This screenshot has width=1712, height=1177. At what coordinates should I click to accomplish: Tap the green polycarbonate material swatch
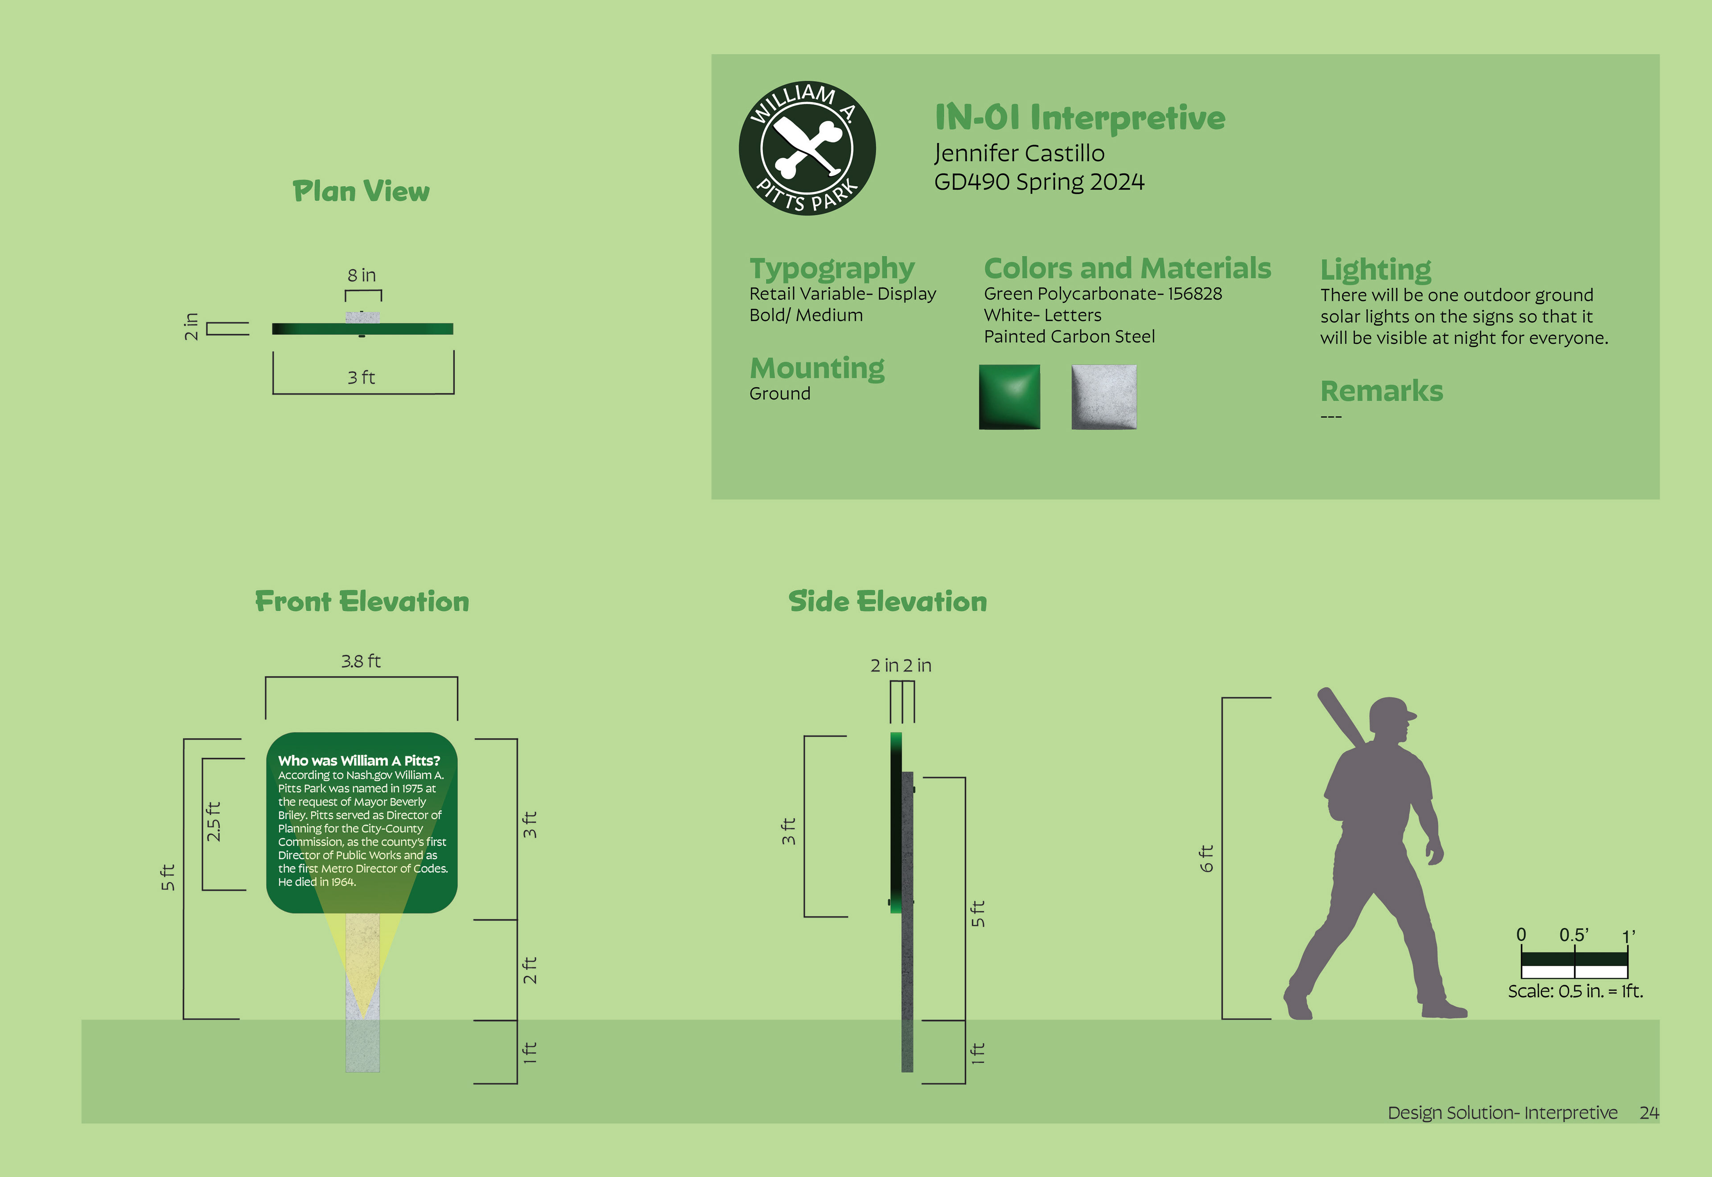[x=1009, y=397]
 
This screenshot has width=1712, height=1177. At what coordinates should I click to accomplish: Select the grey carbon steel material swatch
[x=1104, y=397]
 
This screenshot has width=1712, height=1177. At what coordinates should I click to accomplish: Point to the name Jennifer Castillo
[x=1019, y=153]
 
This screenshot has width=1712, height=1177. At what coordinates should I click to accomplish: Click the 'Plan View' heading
[x=361, y=192]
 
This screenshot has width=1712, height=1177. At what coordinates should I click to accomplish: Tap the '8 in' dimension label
[x=361, y=275]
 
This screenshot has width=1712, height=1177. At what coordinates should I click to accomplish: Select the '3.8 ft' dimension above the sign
[x=361, y=661]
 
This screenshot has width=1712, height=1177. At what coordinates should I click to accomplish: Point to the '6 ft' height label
[x=1206, y=858]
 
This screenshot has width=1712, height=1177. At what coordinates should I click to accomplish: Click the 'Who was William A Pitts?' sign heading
[x=359, y=760]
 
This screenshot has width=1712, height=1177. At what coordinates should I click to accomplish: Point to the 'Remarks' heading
[x=1381, y=391]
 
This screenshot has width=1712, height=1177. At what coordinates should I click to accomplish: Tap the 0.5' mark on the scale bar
[x=1573, y=935]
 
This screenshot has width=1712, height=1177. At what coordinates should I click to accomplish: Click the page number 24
[x=1649, y=1112]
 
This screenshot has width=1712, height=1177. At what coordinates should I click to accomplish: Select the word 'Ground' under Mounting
[x=779, y=394]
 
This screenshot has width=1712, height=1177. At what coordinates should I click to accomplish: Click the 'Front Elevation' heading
[x=362, y=602]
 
